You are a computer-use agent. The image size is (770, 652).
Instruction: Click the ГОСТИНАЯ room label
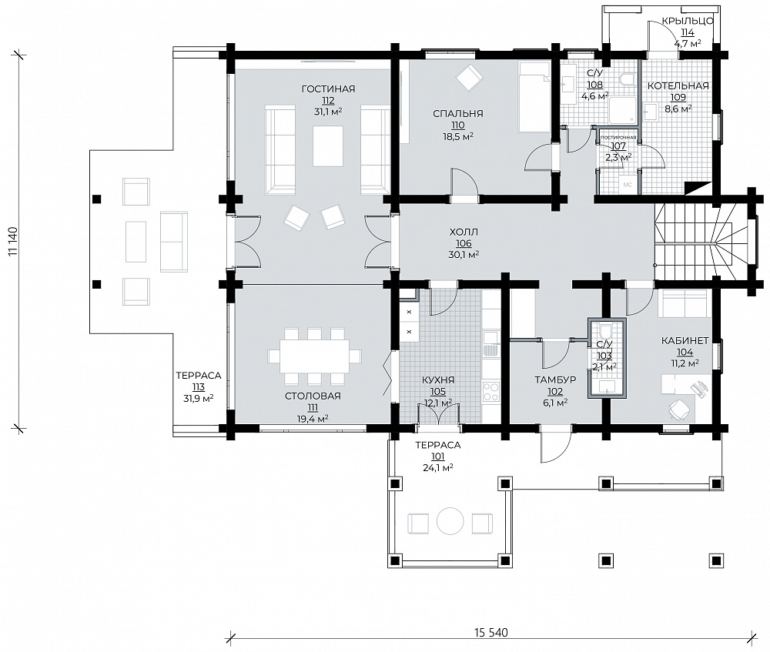(x=328, y=89)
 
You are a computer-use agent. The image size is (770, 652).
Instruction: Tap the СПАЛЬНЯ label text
(x=457, y=113)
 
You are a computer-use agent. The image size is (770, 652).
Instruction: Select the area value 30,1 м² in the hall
(x=464, y=254)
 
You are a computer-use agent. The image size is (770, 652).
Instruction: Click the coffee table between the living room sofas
(x=329, y=146)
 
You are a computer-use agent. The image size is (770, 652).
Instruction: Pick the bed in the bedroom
(x=534, y=97)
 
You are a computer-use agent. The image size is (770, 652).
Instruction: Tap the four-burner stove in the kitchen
(x=491, y=392)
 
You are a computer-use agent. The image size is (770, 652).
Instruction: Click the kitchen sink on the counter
(x=490, y=344)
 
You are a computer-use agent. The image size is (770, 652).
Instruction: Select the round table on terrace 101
(x=450, y=521)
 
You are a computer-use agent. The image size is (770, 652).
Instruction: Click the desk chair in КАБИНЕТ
(x=678, y=410)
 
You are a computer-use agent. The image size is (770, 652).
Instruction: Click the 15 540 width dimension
(x=491, y=632)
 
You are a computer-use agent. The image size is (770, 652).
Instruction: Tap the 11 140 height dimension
(x=13, y=241)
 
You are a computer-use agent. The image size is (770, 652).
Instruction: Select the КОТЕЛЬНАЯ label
(x=678, y=86)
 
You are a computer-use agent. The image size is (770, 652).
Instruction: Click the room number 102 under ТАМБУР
(x=555, y=391)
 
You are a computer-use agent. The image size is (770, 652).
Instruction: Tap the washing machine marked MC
(x=627, y=185)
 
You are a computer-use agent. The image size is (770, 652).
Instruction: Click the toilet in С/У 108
(x=627, y=79)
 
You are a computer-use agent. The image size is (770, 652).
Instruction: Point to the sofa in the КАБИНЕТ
(x=682, y=303)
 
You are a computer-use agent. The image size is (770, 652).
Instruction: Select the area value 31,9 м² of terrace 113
(x=199, y=399)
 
